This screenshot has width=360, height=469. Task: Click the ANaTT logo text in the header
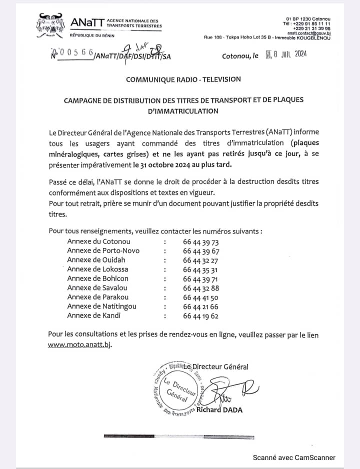point(88,22)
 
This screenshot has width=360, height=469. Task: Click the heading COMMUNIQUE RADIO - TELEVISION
point(183,79)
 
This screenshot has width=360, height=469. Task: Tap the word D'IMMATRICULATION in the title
point(183,111)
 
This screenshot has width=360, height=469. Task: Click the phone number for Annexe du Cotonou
point(201,241)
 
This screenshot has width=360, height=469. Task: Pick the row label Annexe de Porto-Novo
point(103,250)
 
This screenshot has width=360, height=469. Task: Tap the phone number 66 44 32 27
point(200,260)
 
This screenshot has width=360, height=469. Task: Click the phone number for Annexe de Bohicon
point(201,278)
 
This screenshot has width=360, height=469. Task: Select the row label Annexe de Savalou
point(97,287)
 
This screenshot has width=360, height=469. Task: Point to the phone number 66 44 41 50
point(201,297)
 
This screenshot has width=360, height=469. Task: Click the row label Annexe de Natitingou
point(101,306)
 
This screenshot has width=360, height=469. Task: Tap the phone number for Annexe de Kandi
point(201,315)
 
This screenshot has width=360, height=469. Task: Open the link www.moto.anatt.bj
point(79,344)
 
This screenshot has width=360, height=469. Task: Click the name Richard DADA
point(219,410)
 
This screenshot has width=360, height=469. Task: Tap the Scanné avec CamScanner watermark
point(294,457)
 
